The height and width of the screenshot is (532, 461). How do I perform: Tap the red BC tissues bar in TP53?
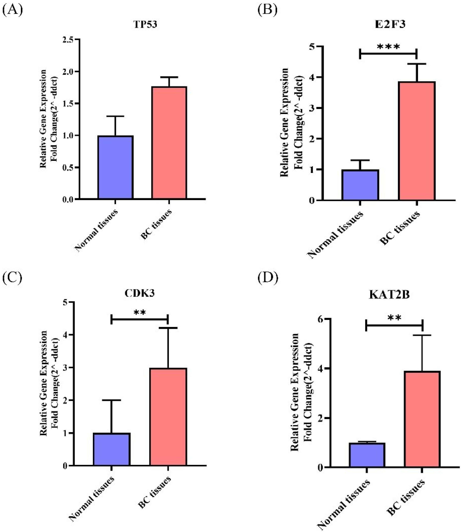[169, 143]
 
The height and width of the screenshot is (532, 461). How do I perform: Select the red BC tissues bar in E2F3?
[417, 141]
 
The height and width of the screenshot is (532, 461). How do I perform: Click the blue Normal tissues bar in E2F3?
[360, 185]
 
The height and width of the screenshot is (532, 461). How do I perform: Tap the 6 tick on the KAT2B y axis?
[320, 319]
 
